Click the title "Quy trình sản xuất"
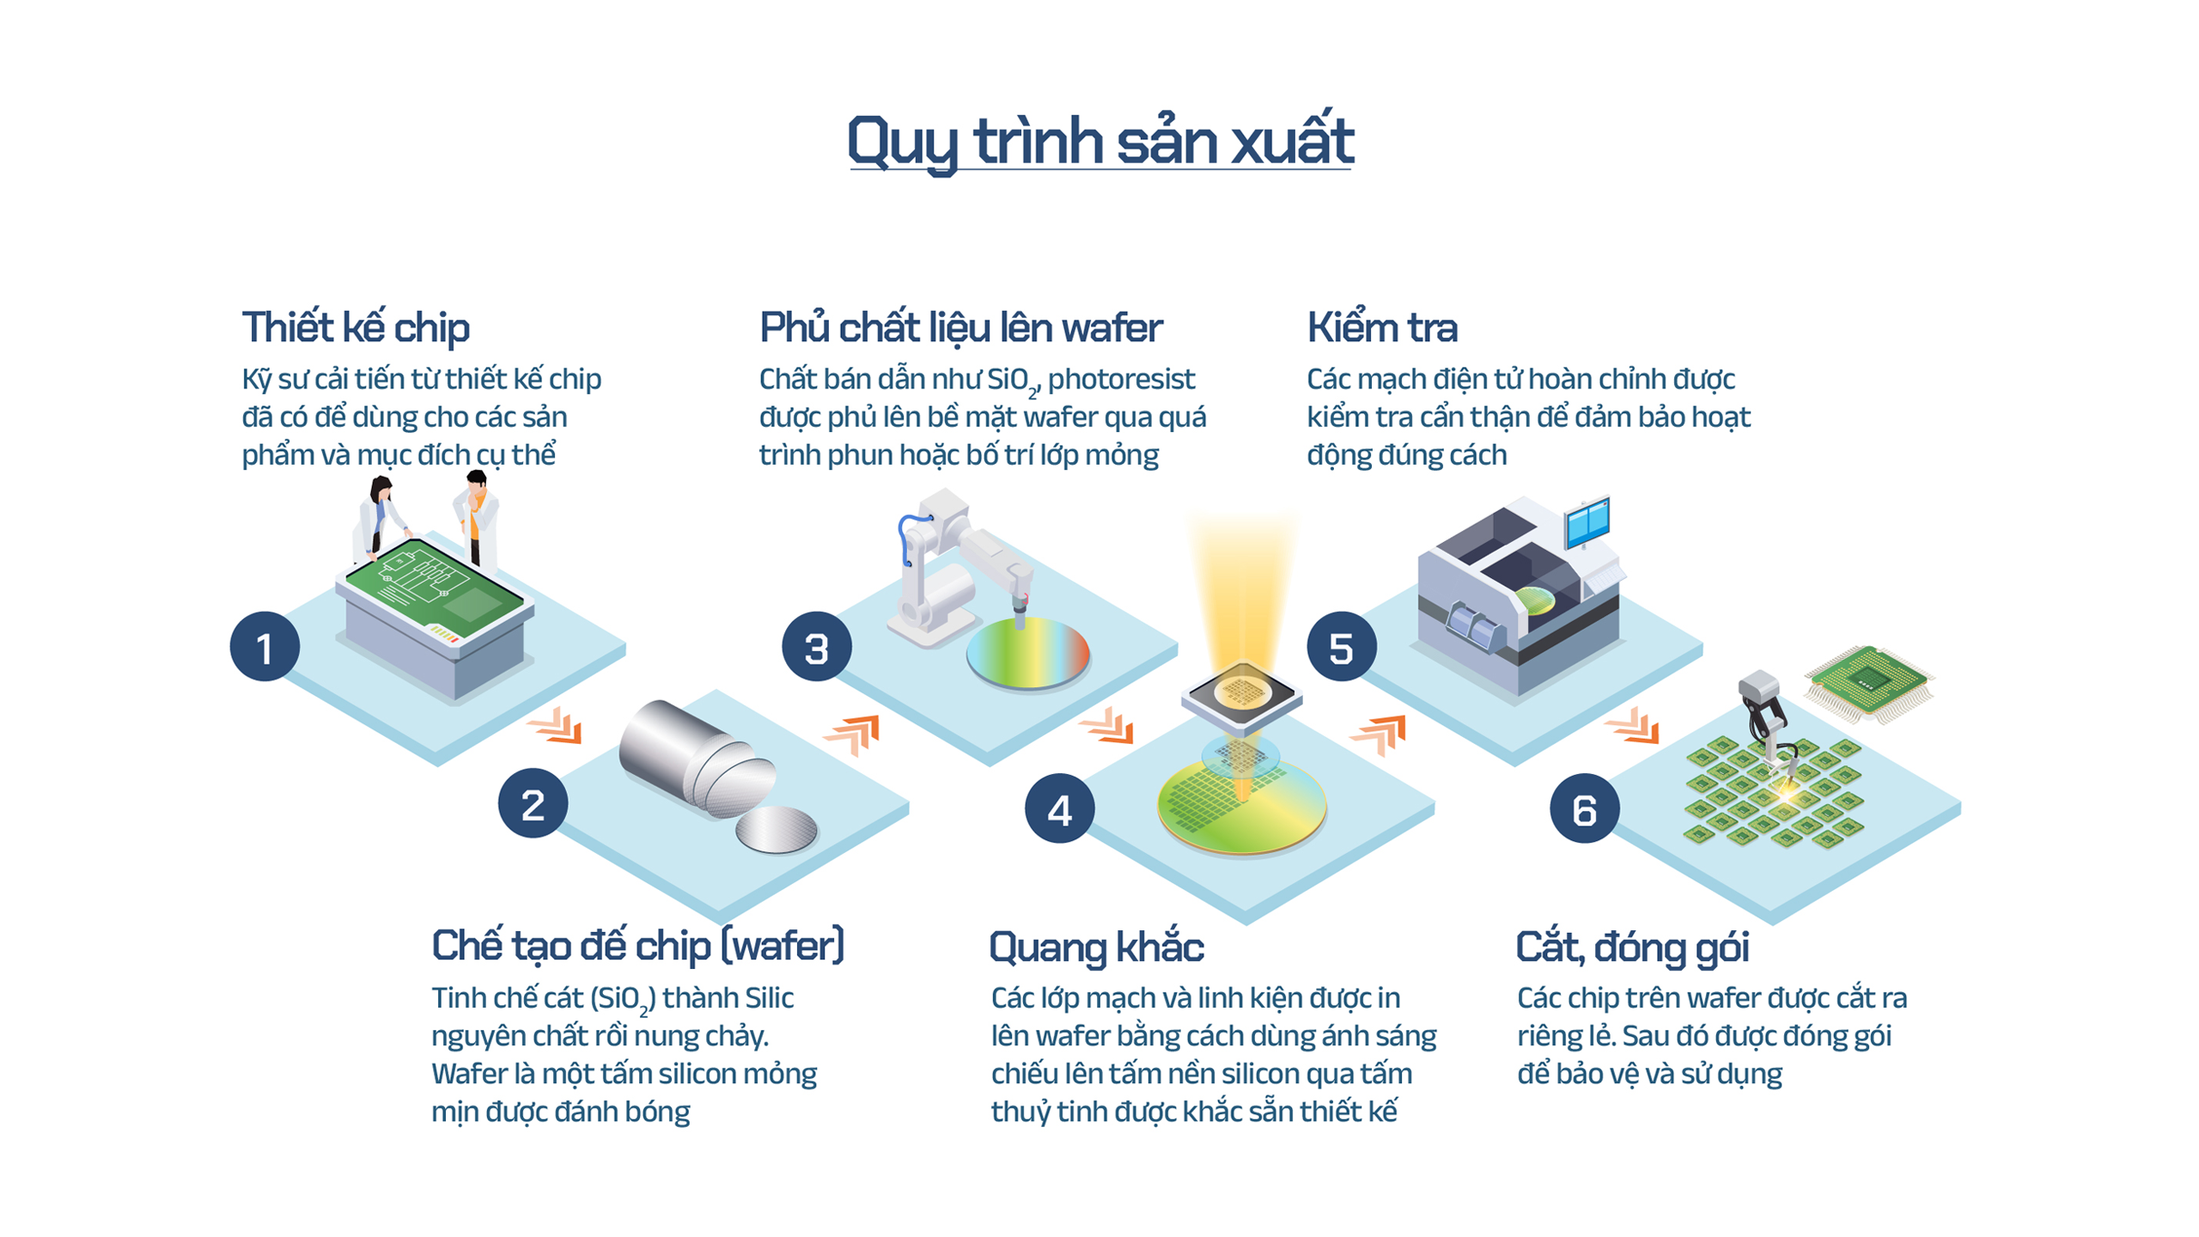coord(1100,141)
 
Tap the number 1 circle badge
coord(265,646)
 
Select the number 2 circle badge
coord(533,803)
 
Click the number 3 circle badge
coord(817,646)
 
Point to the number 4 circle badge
coord(1060,808)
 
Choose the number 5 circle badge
coord(1342,646)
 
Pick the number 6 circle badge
coord(1585,808)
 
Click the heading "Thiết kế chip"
coord(356,328)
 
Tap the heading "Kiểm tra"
coord(1382,328)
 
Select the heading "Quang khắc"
coord(1097,947)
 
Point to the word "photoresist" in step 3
coord(1121,379)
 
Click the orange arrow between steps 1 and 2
coord(556,726)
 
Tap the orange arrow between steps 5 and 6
coord(1632,726)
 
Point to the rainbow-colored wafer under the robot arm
coord(1028,653)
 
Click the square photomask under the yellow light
coord(1241,692)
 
